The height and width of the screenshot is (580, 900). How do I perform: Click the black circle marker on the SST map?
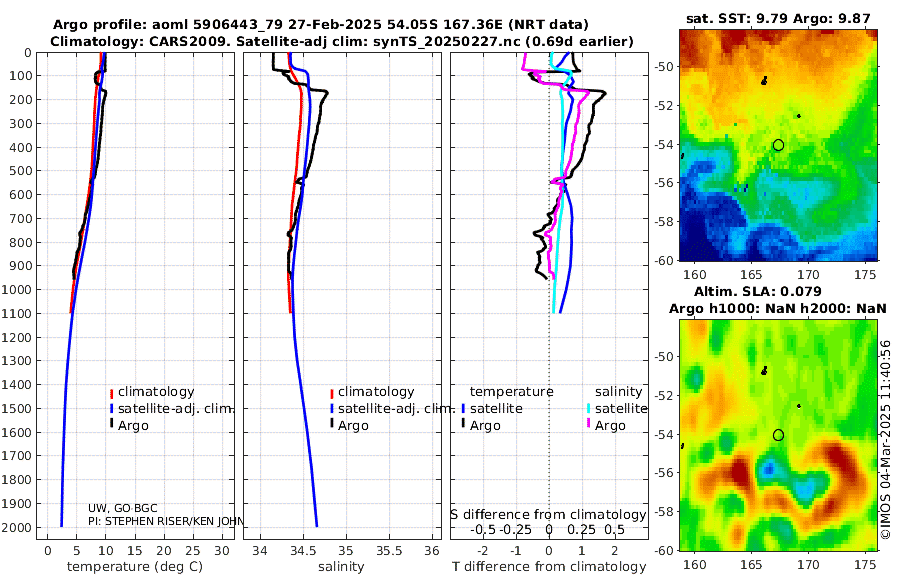[x=778, y=145]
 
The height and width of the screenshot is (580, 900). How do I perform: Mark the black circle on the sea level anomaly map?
[x=778, y=435]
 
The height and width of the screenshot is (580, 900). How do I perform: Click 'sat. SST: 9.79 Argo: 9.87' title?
[x=780, y=18]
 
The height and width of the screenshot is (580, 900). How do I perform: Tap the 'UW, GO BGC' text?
[x=123, y=508]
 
